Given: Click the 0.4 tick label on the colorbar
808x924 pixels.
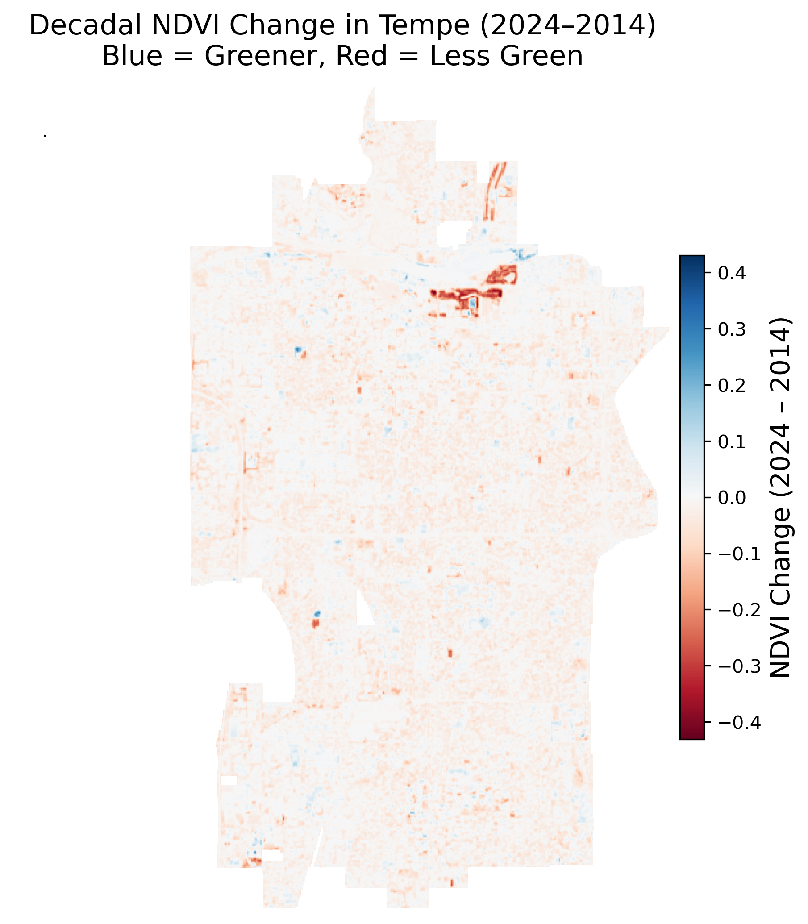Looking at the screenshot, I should [x=731, y=274].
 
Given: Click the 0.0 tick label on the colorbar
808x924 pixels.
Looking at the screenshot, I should [x=731, y=498].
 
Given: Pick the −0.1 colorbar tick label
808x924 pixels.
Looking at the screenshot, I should [x=738, y=554].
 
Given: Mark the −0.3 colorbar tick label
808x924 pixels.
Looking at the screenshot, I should [x=738, y=666].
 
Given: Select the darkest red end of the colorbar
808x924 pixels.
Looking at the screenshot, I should [x=691, y=737].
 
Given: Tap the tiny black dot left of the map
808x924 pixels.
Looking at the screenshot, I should [x=45, y=136].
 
